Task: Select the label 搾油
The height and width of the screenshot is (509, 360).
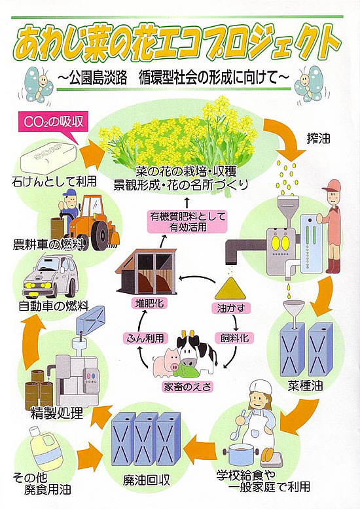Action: pos(319,139)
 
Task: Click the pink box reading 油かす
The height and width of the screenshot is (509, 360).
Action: pos(231,308)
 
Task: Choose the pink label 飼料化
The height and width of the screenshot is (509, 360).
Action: pos(234,338)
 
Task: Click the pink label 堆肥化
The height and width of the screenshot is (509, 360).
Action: pos(150,304)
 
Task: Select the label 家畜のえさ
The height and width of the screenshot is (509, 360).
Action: pos(187,387)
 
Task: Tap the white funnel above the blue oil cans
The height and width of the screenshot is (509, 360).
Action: pos(294,311)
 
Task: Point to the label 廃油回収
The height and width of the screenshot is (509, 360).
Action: pos(146,480)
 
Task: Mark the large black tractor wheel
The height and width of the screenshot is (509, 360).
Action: pos(101,235)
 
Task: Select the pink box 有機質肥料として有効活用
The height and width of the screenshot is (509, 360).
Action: pos(187,221)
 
